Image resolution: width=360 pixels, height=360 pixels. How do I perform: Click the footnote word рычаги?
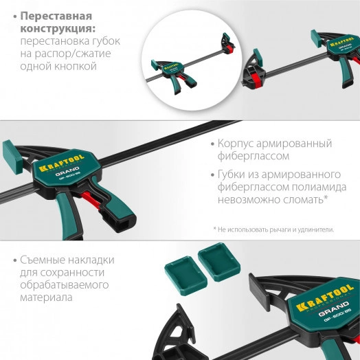click(283, 229)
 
